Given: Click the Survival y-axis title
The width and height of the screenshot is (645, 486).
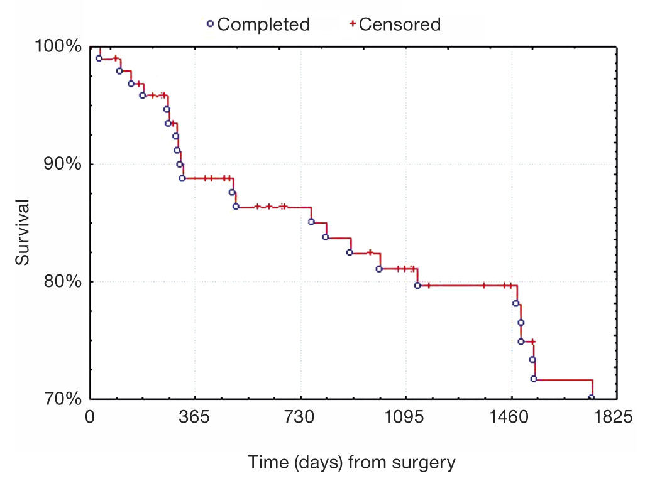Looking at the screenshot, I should click(x=23, y=232).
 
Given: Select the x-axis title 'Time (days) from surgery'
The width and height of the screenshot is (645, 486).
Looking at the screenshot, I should click(x=351, y=463).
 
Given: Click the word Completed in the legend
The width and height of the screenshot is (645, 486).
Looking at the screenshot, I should click(x=263, y=24).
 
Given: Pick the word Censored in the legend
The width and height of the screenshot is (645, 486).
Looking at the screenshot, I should click(x=400, y=24).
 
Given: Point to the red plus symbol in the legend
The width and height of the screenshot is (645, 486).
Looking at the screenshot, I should click(x=353, y=24).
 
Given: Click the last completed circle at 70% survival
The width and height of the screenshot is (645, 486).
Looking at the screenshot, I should click(x=591, y=397).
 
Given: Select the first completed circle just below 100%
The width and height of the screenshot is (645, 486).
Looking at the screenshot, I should click(x=99, y=58).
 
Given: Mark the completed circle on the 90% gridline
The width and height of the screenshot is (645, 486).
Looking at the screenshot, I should click(x=180, y=165).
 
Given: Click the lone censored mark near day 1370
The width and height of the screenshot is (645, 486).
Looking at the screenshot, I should click(x=483, y=285).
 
